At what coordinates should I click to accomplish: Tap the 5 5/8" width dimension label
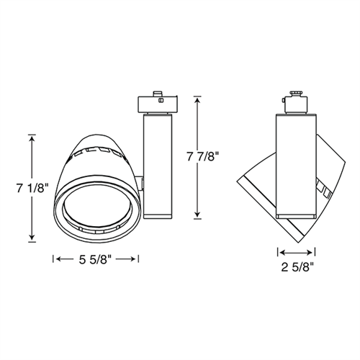pyautogui.click(x=96, y=259)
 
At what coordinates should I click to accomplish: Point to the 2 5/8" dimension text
pyautogui.click(x=296, y=271)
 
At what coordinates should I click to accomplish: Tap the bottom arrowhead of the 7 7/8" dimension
pyautogui.click(x=198, y=215)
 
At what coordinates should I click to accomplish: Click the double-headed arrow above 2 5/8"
pyautogui.click(x=296, y=253)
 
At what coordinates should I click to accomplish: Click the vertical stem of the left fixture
pyautogui.click(x=158, y=162)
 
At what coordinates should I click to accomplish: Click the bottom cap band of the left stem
pyautogui.click(x=158, y=215)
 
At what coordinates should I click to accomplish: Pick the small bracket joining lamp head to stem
pyautogui.click(x=142, y=180)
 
